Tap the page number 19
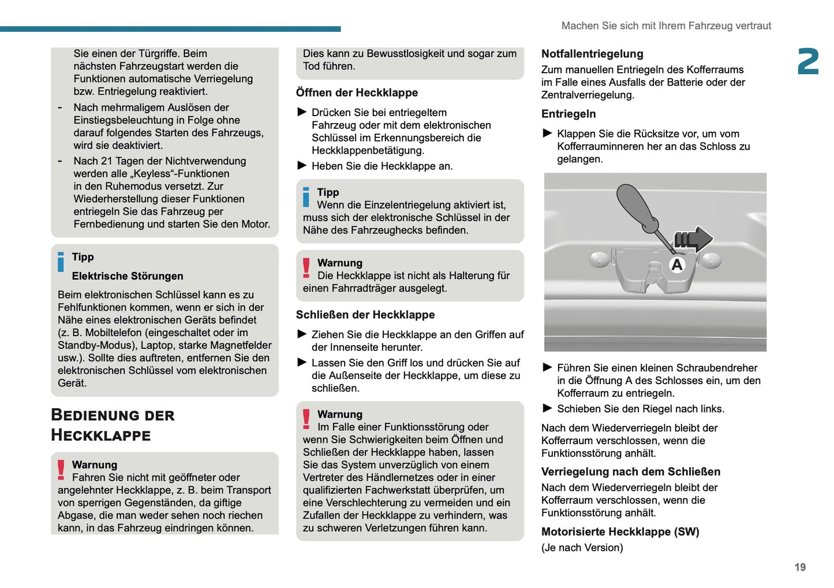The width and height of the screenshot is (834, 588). pyautogui.click(x=799, y=567)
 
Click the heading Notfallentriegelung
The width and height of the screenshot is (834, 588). pyautogui.click(x=592, y=54)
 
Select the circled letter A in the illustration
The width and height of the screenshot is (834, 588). pyautogui.click(x=676, y=265)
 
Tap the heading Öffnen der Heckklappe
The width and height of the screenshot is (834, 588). pyautogui.click(x=357, y=92)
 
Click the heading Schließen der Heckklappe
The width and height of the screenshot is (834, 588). pyautogui.click(x=365, y=315)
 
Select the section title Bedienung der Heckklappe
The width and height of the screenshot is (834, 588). pyautogui.click(x=113, y=425)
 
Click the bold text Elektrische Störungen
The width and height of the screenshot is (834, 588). pyautogui.click(x=128, y=276)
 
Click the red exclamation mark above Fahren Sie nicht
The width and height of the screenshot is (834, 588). pyautogui.click(x=61, y=470)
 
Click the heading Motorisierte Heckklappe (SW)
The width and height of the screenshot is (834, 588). pyautogui.click(x=620, y=531)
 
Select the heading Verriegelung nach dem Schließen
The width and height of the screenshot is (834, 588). pyautogui.click(x=630, y=471)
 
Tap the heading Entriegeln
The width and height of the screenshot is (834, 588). pyautogui.click(x=568, y=114)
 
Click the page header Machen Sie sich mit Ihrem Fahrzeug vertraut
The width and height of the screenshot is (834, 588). pyautogui.click(x=666, y=26)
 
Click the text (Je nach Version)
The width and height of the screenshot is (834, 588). pyautogui.click(x=582, y=548)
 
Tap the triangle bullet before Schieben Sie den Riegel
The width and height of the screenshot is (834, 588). pyautogui.click(x=548, y=408)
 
